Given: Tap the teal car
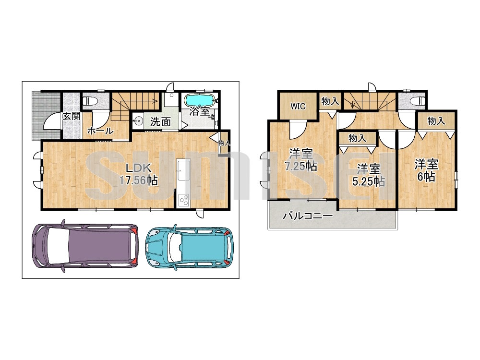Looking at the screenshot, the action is click(x=189, y=247).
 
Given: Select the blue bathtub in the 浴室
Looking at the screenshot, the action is click(x=200, y=100).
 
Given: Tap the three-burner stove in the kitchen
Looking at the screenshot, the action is click(x=184, y=200).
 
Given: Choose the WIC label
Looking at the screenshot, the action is click(x=298, y=106).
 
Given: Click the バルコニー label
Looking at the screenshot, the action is click(x=308, y=216).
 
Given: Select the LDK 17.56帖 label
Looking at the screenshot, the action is click(x=138, y=174).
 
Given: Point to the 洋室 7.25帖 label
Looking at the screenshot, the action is click(x=300, y=159).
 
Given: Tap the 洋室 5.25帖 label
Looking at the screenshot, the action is click(x=369, y=175).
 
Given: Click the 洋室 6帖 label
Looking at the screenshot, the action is click(x=426, y=170).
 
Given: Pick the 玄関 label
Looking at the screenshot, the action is click(x=72, y=116).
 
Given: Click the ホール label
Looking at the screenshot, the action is click(x=100, y=131).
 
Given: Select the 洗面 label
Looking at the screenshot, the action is click(x=160, y=121).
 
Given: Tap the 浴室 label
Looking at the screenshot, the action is click(x=199, y=111).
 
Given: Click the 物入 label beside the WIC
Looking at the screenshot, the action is click(x=330, y=101).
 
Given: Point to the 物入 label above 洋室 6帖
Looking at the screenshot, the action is click(x=436, y=120).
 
